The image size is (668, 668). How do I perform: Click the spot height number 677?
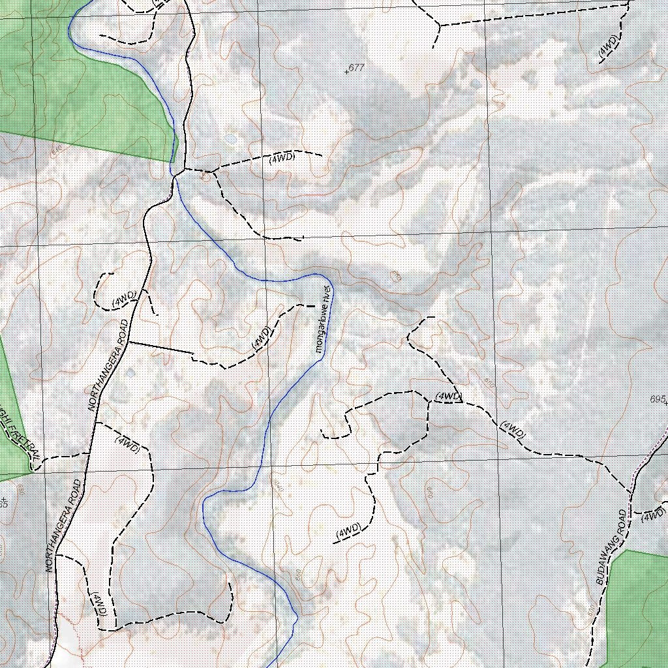click(357, 67)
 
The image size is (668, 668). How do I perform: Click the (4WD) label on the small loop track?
click(123, 299)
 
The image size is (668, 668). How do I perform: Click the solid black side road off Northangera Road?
click(160, 348)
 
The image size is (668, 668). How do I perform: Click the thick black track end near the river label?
click(307, 305)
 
